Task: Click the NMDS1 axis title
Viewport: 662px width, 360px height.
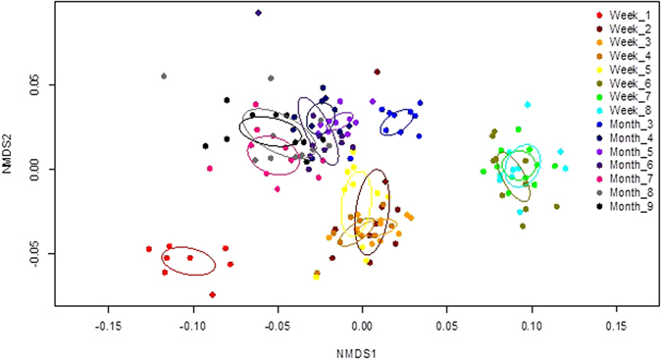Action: [x=365, y=348]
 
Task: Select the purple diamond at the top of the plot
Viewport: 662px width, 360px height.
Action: [x=258, y=13]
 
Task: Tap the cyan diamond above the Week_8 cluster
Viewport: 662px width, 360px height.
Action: [x=528, y=104]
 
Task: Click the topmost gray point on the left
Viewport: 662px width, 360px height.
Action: [x=164, y=76]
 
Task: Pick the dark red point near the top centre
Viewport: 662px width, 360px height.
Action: [x=377, y=72]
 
